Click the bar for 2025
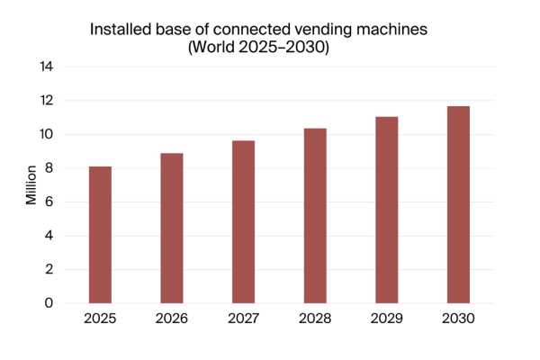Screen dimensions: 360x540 (100, 235)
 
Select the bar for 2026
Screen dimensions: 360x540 (172, 229)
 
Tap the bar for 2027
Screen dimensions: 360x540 (243, 222)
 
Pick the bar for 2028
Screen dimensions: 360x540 (315, 216)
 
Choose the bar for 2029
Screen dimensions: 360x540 (386, 210)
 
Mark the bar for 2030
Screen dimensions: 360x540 (458, 205)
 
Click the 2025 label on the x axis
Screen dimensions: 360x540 (100, 319)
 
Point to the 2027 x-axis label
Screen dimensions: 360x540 (243, 319)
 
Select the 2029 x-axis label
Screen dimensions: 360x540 (386, 319)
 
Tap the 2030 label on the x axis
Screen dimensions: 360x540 (458, 319)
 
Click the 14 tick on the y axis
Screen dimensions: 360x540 (46, 67)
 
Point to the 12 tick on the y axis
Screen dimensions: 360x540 (46, 101)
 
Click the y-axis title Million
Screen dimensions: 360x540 (31, 184)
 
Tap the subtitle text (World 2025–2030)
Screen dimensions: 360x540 (258, 49)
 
